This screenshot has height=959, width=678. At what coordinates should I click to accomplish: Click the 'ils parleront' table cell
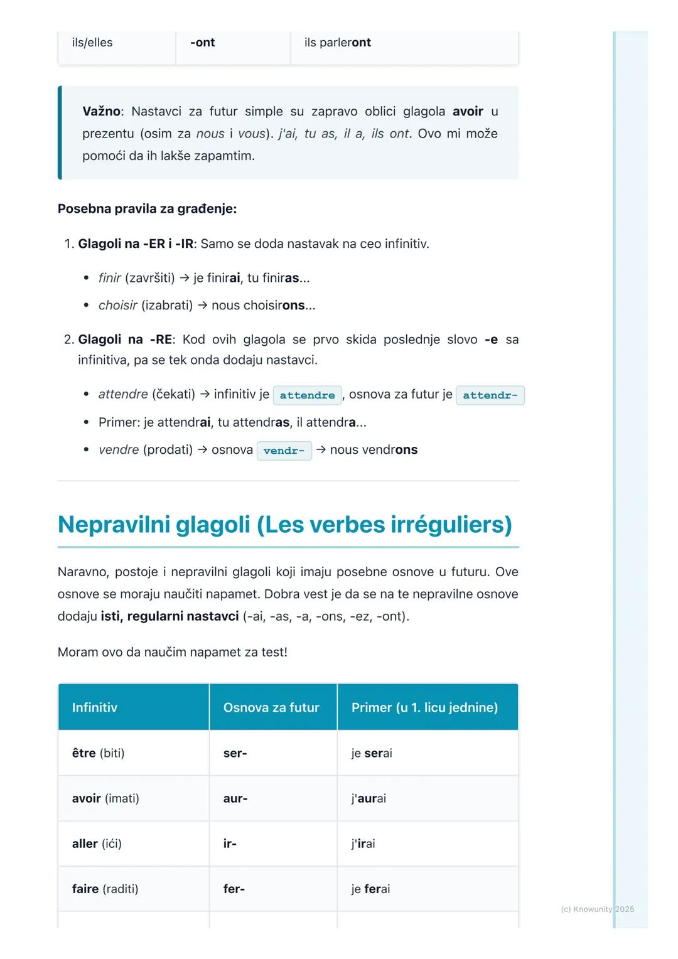(x=338, y=43)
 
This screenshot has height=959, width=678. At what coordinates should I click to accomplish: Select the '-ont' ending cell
(x=202, y=43)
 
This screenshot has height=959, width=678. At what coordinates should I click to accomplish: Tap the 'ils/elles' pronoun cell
(x=92, y=43)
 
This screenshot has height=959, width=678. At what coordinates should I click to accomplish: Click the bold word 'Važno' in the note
(x=101, y=112)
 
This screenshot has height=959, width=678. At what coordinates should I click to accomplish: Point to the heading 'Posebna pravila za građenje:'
(x=147, y=209)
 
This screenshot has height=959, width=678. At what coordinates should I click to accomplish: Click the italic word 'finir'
(x=109, y=278)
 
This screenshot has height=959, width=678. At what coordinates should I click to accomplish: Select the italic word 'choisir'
(x=117, y=306)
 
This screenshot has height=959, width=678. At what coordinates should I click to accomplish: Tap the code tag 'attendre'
(x=307, y=395)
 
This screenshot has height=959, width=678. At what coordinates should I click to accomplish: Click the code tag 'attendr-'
(x=490, y=395)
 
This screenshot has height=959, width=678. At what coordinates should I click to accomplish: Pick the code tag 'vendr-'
(x=284, y=451)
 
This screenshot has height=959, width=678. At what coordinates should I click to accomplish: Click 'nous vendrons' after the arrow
(x=374, y=450)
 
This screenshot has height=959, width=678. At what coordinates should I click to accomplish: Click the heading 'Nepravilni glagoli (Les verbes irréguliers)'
(x=284, y=525)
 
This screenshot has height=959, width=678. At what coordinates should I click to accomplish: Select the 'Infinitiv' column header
(x=95, y=707)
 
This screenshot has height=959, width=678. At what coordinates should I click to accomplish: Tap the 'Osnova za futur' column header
(x=271, y=707)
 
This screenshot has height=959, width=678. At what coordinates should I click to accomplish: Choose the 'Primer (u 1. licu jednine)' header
(x=424, y=707)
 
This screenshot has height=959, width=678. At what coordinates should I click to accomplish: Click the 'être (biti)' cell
(x=99, y=753)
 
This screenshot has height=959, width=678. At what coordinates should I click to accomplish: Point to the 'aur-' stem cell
(x=235, y=798)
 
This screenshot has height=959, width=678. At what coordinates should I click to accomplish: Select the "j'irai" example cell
(x=363, y=844)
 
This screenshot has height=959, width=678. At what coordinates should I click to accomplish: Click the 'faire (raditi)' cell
(x=105, y=889)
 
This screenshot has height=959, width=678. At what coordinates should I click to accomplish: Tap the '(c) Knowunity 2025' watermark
(x=597, y=909)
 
